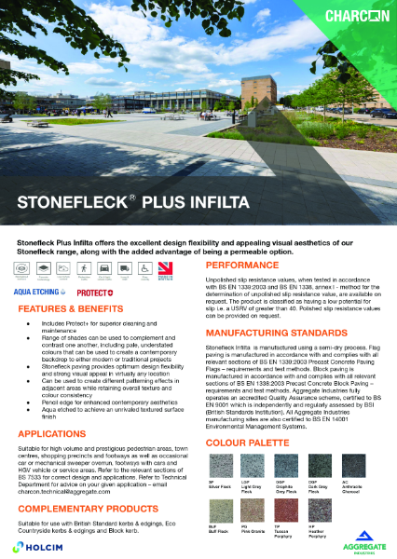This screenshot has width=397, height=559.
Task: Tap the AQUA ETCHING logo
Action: [40, 291]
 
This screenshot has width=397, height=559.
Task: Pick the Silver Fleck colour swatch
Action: [219, 461]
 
